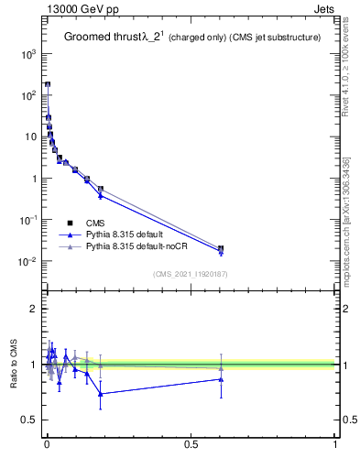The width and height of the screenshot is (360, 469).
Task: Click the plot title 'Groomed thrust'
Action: click(x=101, y=38)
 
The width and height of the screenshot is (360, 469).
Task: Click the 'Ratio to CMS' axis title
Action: click(x=15, y=364)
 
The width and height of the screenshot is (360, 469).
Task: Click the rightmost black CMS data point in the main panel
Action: click(x=221, y=248)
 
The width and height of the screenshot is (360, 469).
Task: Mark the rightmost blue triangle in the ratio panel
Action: click(x=221, y=378)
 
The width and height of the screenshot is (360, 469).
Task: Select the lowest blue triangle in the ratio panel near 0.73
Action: click(x=101, y=394)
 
